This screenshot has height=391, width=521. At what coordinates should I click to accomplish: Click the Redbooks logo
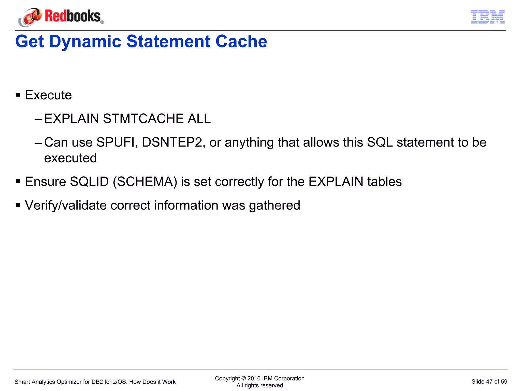(x=61, y=17)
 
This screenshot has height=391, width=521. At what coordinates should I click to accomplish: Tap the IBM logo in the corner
(x=487, y=17)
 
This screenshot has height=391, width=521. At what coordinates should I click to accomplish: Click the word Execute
(x=48, y=95)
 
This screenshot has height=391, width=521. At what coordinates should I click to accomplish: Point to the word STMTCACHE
(x=143, y=119)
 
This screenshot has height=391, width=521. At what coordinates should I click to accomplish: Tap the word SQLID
(x=89, y=182)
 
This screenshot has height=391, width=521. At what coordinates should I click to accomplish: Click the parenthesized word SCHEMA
(x=145, y=182)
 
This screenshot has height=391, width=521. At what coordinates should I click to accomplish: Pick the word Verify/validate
(x=66, y=205)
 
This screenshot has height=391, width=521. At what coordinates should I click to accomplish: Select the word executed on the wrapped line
(x=70, y=158)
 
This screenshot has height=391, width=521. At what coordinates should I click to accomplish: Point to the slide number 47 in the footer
(x=489, y=382)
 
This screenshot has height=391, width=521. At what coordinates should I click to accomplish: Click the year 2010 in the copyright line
(x=254, y=378)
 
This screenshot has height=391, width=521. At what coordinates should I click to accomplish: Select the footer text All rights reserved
(x=259, y=385)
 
